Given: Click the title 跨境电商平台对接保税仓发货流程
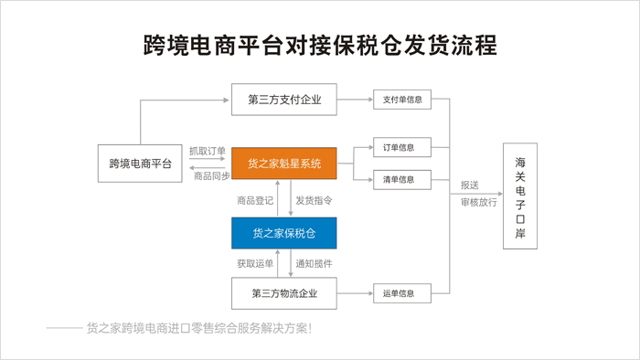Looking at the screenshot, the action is click(320, 45).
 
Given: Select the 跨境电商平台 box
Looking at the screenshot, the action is click(140, 163).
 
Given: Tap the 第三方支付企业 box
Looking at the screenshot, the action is click(284, 100).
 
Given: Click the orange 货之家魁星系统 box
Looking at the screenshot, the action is click(284, 164).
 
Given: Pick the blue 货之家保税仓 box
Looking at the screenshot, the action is click(284, 233).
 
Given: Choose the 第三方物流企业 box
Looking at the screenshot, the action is click(284, 293).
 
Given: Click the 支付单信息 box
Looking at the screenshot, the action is click(402, 100).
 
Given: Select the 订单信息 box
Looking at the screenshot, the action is click(402, 147).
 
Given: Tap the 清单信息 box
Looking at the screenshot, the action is click(402, 180).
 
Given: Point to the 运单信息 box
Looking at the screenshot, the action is click(402, 293).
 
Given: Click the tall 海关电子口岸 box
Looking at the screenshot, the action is click(520, 196).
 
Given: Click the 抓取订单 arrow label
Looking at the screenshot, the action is click(208, 152).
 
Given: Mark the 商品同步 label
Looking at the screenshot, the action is click(212, 176).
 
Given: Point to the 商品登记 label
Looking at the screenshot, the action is click(255, 201).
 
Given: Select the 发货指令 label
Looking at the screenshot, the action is click(314, 201).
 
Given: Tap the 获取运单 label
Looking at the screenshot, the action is click(255, 264).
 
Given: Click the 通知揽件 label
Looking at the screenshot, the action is click(314, 264).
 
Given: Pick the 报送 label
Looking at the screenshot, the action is click(470, 185).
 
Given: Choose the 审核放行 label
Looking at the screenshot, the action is click(479, 202).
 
